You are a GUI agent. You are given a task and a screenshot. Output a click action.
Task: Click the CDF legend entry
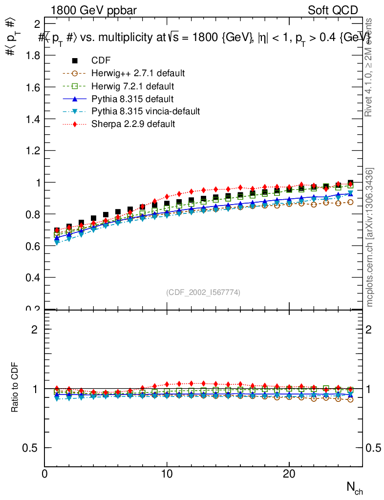coord(101,61)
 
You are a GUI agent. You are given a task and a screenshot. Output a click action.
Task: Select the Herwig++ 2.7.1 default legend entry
coord(138,73)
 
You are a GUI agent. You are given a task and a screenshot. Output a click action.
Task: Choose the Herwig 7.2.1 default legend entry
coord(133,86)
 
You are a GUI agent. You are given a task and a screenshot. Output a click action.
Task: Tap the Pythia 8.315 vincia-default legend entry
coord(146,111)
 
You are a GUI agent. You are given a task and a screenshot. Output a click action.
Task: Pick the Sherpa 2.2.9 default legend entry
coord(133,124)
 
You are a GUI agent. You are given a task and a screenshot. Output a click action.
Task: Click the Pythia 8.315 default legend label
coord(132,99)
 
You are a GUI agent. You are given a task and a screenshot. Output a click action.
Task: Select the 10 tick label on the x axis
coord(167,474)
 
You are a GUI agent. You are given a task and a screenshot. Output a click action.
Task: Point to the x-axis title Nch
coord(355,488)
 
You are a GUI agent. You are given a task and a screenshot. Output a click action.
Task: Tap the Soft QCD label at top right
coord(333,10)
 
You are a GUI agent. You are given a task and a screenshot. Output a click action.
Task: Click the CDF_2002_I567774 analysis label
coord(203,292)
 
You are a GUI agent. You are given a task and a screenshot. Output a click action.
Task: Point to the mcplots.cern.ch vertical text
coord(370,237)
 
